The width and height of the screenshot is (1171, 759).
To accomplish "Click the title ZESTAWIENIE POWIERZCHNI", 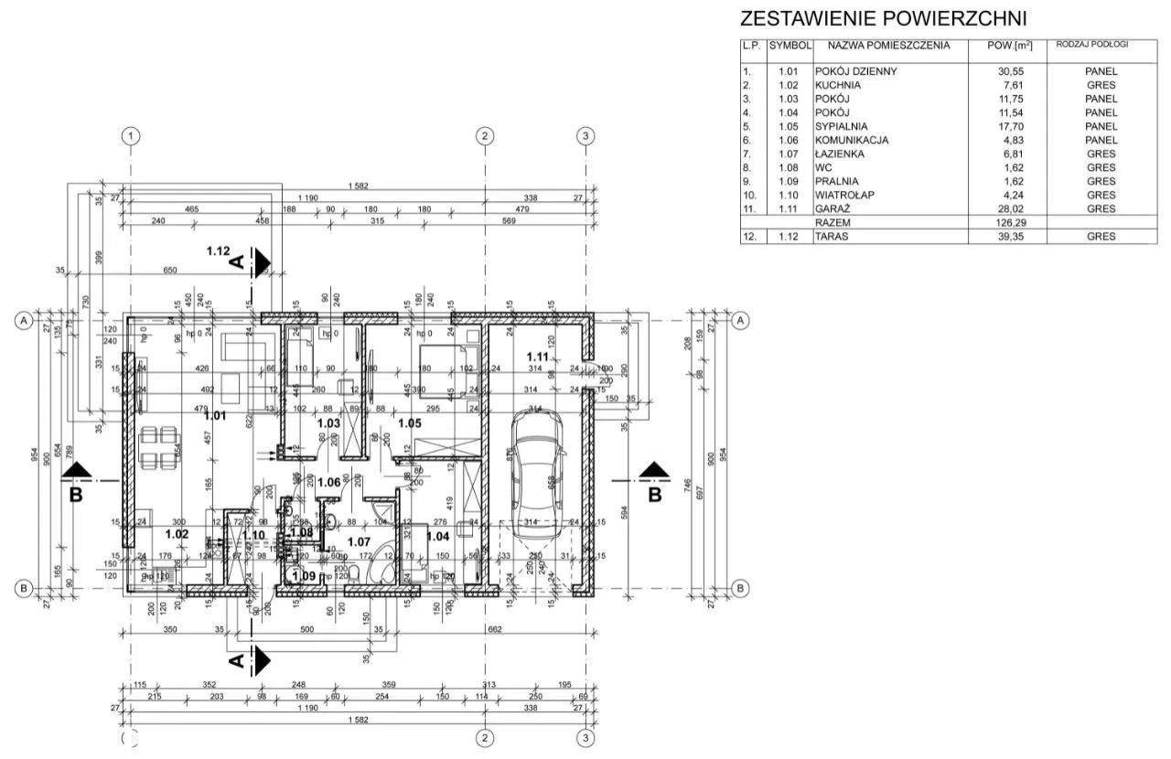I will click(883, 18).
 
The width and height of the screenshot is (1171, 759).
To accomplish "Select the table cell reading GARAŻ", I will click(833, 208).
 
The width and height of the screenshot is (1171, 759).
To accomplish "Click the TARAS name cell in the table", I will click(832, 237).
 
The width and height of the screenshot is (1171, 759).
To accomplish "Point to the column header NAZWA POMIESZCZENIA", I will click(888, 45).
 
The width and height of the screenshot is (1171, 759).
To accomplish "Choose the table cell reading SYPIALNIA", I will click(841, 126).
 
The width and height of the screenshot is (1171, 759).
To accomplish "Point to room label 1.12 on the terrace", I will click(219, 251).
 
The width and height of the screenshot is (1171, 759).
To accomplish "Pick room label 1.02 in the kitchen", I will click(177, 533).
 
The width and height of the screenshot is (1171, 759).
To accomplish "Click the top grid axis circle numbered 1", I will click(133, 135).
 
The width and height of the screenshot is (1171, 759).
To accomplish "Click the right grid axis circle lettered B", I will click(741, 587).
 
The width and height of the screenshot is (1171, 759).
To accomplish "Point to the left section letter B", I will click(77, 495).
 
